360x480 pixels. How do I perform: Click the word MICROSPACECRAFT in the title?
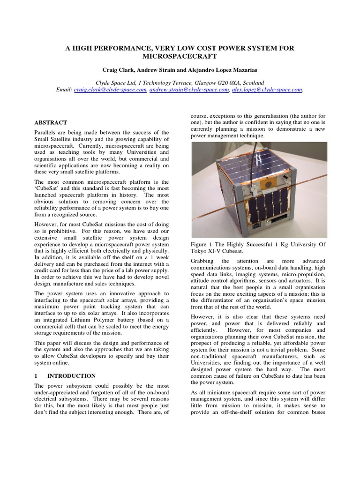click(180, 56)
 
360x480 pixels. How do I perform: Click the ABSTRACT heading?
click(51, 122)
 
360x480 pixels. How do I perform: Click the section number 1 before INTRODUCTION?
click(36, 376)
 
